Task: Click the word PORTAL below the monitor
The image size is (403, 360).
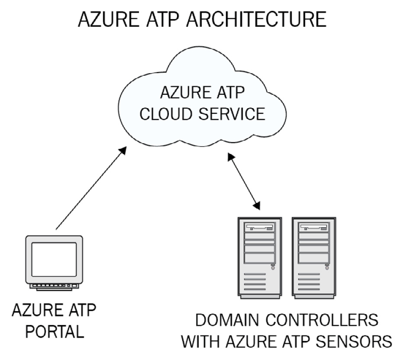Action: coord(54,332)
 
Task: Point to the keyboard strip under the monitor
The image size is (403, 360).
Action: coord(54,286)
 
